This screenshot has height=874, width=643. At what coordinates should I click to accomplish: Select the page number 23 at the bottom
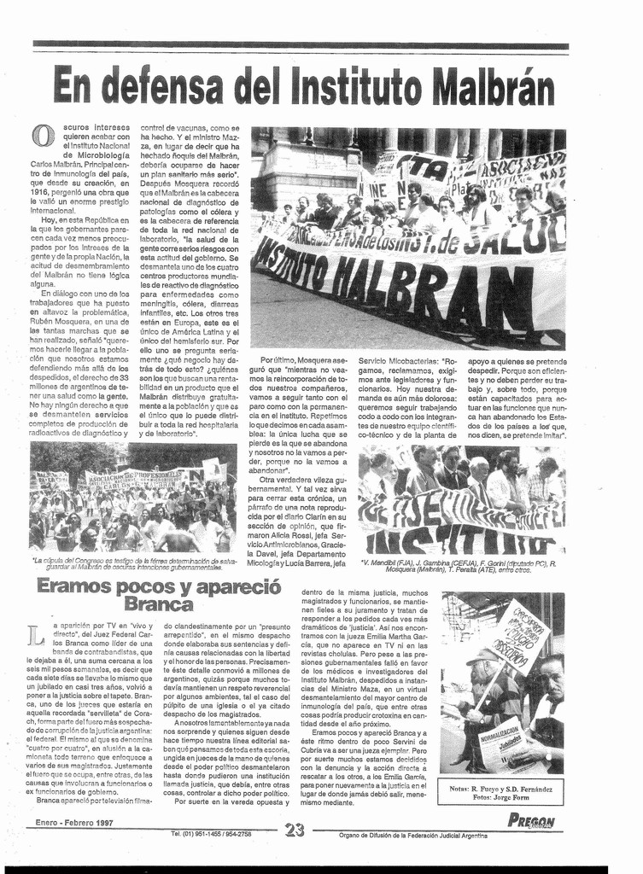295,829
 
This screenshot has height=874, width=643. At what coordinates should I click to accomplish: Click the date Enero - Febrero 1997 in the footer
74,823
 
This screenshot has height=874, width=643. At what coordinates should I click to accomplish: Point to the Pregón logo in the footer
531,822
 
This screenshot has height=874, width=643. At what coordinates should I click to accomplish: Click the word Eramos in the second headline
73,586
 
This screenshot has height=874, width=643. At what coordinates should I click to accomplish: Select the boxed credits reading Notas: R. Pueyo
500,791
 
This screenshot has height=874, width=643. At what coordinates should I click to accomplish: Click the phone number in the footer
211,833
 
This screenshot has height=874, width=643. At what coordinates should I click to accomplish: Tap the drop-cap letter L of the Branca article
35,635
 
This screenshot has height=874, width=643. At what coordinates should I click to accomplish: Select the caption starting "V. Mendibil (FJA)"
461,565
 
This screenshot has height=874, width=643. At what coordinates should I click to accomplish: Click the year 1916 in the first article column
41,192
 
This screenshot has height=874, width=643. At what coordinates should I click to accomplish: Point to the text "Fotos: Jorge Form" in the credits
500,797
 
